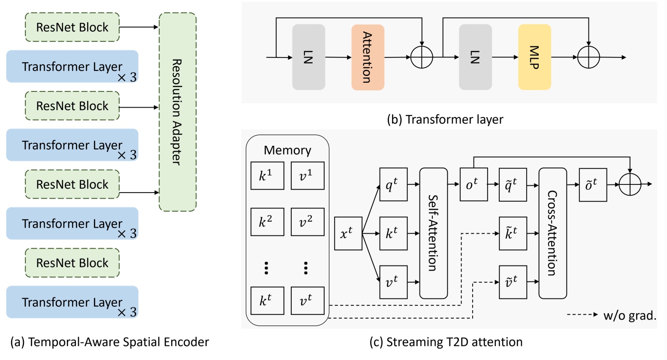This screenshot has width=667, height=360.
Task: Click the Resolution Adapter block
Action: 178,112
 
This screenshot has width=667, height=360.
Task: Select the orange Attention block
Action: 368,57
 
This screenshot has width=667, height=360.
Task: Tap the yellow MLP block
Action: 534,57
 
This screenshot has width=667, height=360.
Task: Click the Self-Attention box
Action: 433,233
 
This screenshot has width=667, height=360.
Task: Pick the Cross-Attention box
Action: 552,233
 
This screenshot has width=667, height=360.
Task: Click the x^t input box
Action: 348,233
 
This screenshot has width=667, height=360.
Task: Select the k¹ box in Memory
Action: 267,175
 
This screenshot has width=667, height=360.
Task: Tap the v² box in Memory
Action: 307,222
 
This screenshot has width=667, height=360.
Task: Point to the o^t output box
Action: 474,185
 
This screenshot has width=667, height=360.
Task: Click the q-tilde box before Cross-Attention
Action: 513,185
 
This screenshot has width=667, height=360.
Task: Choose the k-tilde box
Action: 513,233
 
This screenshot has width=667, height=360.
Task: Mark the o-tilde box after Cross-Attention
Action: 593,185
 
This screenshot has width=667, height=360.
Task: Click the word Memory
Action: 287,150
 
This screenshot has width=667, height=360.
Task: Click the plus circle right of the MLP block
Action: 589,57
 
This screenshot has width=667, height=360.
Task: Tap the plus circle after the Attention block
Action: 422,57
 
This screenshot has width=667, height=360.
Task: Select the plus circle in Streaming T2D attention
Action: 630,185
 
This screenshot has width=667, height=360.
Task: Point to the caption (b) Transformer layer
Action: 445,119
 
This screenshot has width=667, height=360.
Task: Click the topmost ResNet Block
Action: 72,27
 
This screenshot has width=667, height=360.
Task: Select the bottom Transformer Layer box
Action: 72,302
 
